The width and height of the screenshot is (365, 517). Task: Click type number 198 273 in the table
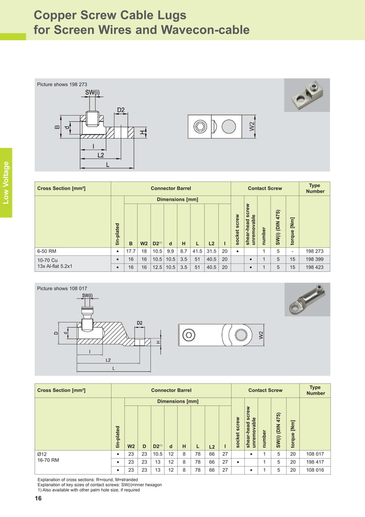[x=315, y=251]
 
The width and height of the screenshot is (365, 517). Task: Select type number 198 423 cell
[x=315, y=266]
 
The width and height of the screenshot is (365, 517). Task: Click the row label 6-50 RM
[x=47, y=251]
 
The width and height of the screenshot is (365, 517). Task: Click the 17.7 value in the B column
[x=130, y=251]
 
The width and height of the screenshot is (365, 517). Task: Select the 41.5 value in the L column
[x=197, y=251]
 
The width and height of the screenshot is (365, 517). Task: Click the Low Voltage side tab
[x=6, y=183]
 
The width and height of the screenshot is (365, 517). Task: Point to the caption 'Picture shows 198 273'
[x=62, y=84]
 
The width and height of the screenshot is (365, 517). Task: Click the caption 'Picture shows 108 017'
[x=62, y=289]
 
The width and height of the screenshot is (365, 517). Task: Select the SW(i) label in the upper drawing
[x=92, y=92]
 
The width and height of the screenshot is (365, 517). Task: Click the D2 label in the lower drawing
[x=139, y=323]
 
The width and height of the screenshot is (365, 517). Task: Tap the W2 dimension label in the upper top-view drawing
[x=252, y=127]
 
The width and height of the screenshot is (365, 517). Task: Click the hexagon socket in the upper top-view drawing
[x=200, y=127]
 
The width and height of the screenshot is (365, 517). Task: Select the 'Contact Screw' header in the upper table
[x=264, y=188]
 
